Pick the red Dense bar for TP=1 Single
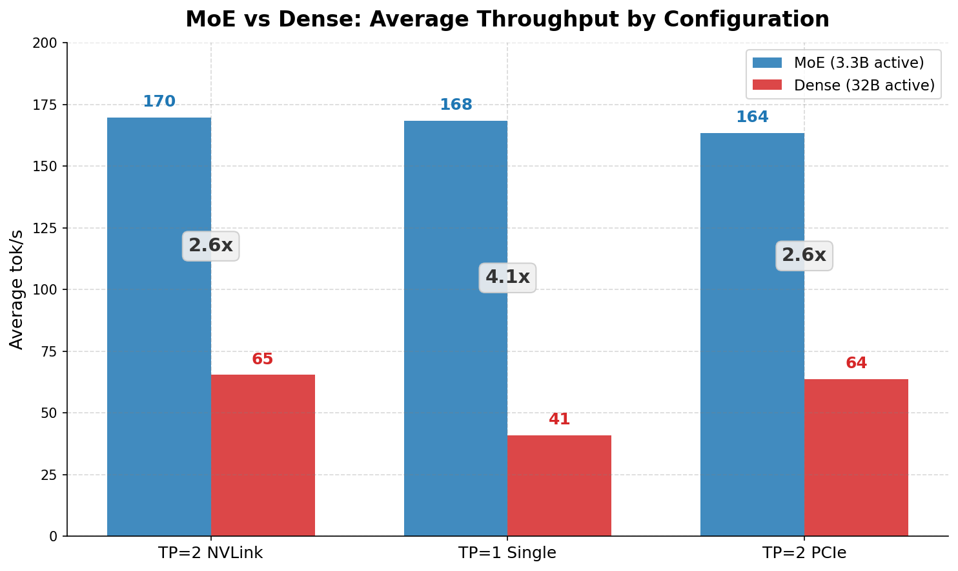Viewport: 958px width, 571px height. (559, 485)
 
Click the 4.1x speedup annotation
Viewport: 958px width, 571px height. (507, 278)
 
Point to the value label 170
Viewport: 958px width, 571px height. (159, 101)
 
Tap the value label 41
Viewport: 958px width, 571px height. (559, 419)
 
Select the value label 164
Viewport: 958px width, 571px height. (752, 117)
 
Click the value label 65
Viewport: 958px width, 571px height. (263, 359)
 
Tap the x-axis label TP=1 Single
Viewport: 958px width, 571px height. (507, 553)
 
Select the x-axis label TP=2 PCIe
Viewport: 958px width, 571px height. (804, 553)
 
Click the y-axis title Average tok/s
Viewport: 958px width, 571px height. (17, 289)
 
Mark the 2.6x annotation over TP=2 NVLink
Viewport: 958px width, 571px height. (210, 246)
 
